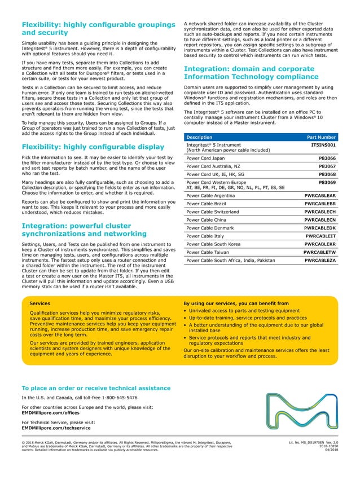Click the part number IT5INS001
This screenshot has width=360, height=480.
(323, 145)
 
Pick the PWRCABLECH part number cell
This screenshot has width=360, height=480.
(320, 212)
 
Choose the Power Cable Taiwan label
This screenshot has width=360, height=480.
(207, 253)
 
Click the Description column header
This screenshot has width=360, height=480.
(199, 136)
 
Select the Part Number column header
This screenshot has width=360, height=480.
(321, 136)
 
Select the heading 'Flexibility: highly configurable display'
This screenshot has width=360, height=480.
(93, 147)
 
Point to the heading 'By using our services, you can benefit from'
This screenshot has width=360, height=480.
(236, 303)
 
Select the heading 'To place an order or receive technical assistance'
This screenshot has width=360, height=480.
(95, 388)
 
